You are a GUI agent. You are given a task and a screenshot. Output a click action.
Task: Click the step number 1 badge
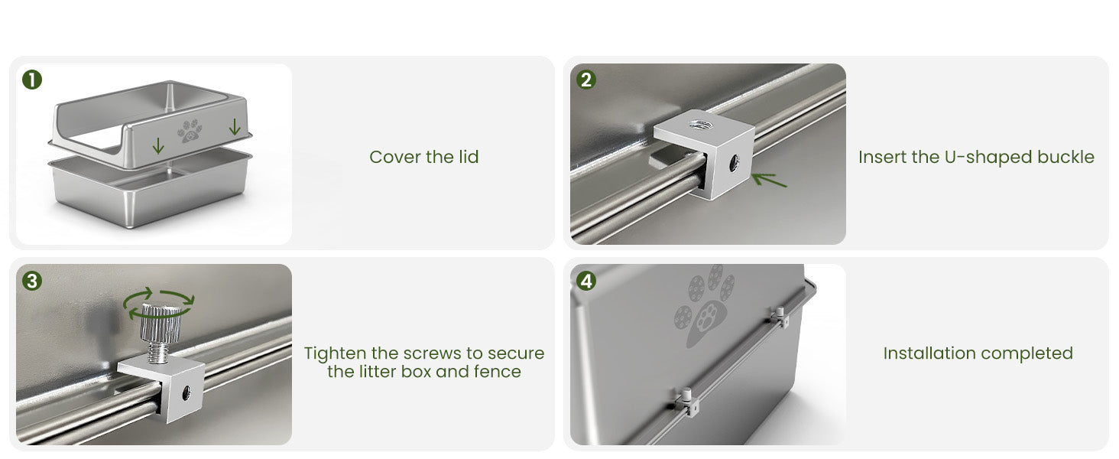click(x=32, y=80)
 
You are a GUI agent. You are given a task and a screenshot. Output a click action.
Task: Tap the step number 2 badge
click(x=586, y=80)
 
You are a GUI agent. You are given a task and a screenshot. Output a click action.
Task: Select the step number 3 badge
click(x=32, y=281)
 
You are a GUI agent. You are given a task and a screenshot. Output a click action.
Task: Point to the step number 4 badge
click(x=586, y=281)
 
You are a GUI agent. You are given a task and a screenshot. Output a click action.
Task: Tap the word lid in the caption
click(x=468, y=157)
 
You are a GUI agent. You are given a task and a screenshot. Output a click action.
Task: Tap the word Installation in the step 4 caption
click(x=925, y=353)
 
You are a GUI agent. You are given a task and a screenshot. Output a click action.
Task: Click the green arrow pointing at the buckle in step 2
click(x=768, y=180)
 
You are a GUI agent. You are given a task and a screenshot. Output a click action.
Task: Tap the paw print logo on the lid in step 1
click(x=190, y=131)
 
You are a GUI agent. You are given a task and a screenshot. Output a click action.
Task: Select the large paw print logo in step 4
click(x=705, y=306)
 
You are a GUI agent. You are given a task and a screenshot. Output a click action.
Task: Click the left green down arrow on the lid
click(x=158, y=146)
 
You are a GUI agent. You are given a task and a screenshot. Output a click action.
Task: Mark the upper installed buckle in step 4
click(x=780, y=317)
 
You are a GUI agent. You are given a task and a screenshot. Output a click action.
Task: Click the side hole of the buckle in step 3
click(x=186, y=391)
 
